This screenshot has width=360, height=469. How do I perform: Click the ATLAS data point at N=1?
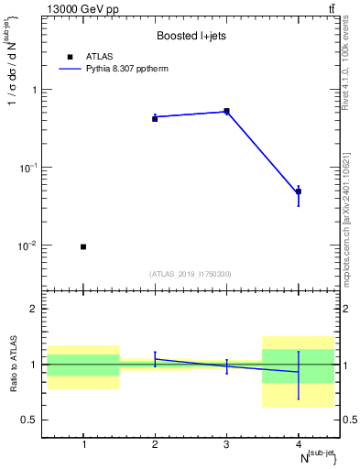(x=83, y=246)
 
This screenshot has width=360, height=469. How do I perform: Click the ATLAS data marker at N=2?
(x=155, y=119)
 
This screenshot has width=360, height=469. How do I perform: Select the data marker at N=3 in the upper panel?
(x=226, y=112)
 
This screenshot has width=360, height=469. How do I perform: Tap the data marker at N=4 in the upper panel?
(x=299, y=191)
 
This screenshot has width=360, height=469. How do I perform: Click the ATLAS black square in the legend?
(x=70, y=56)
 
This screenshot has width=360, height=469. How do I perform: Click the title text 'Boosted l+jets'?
(x=191, y=37)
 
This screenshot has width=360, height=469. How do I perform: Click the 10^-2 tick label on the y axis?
(x=29, y=246)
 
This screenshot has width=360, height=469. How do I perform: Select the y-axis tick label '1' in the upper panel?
(x=35, y=90)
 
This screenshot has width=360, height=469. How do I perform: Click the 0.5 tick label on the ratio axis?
(x=30, y=420)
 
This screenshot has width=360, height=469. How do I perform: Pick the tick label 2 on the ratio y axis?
(x=35, y=309)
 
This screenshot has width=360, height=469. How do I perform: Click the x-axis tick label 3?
(x=226, y=444)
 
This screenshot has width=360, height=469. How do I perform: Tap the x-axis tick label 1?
(x=83, y=444)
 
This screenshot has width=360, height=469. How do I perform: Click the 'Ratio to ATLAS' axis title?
(x=12, y=365)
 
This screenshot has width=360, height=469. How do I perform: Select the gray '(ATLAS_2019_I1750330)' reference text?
(x=191, y=274)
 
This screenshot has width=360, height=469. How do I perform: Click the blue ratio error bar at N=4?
(x=299, y=376)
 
